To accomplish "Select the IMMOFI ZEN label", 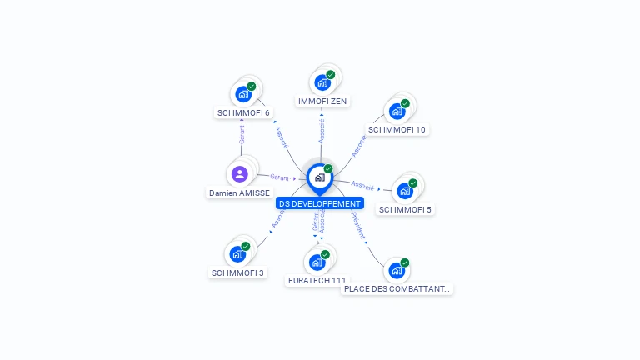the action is tap(322, 102).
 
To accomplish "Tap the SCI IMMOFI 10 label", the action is tap(397, 130).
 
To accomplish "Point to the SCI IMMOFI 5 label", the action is tap(405, 209).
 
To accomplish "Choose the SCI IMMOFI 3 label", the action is tap(237, 272).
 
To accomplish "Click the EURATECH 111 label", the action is tap(316, 281).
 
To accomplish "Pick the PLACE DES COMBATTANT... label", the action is tap(397, 289).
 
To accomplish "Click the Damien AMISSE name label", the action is tap(240, 192).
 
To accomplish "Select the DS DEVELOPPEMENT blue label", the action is tap(320, 203).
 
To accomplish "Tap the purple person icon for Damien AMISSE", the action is tap(240, 174).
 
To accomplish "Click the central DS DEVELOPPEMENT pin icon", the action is tap(320, 177).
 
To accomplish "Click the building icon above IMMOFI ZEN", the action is tap(322, 82).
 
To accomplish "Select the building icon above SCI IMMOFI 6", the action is tap(243, 94).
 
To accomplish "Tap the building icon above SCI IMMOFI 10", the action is tap(397, 111).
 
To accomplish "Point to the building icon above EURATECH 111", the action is tap(317, 262).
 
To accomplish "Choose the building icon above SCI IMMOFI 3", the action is tap(237, 254).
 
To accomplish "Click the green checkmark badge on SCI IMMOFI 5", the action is tap(413, 183).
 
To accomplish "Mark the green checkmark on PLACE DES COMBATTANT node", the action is tap(405, 262).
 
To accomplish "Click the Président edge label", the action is tap(359, 226).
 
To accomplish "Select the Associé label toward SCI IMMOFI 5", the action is tap(362, 185).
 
